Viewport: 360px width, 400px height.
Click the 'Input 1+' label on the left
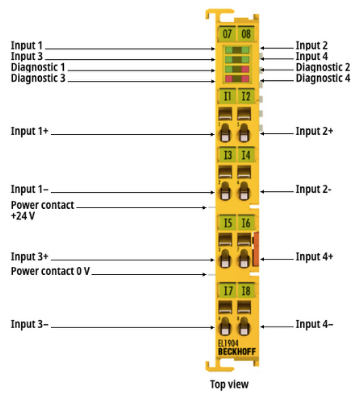pos(30,131)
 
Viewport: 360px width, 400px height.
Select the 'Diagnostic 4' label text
pos(323,78)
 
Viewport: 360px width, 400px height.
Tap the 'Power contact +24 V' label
pos(42,210)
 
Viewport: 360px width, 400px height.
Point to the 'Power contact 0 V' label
pos(50,271)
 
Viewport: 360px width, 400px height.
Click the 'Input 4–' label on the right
pos(314,324)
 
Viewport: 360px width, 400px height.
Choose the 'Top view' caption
pos(229,384)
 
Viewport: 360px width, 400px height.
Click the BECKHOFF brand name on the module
pos(237,352)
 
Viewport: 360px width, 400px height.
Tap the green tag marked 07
pos(227,34)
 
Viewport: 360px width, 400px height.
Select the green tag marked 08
pos(246,34)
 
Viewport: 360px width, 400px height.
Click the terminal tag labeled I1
pos(227,97)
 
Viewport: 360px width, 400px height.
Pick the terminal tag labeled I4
pos(246,155)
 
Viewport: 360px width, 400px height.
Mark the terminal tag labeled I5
pos(227,223)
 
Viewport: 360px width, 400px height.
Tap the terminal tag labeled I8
pos(246,291)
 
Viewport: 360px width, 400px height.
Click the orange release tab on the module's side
pos(256,249)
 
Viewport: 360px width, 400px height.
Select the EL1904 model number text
pos(226,344)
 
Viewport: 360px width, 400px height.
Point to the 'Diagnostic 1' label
pos(38,67)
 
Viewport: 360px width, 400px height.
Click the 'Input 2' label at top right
pos(312,45)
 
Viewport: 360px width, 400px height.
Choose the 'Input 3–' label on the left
pos(30,324)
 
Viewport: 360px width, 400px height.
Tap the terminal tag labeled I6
pos(246,223)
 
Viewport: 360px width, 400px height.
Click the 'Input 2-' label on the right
pos(313,189)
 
